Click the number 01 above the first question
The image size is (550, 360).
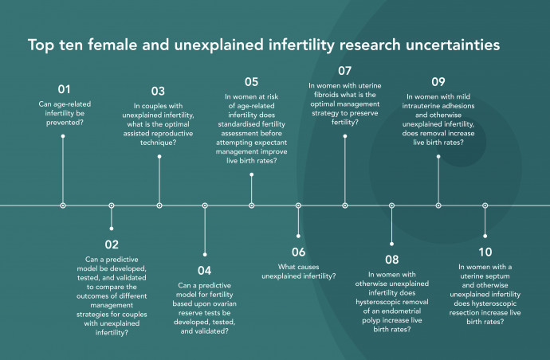pyautogui.click(x=64, y=89)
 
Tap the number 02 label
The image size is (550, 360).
pyautogui.click(x=112, y=245)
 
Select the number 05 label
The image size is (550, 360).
pyautogui.click(x=252, y=82)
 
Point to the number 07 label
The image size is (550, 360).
pyautogui.click(x=345, y=71)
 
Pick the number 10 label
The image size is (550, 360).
pyautogui.click(x=485, y=252)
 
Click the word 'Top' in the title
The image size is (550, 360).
pyautogui.click(x=41, y=45)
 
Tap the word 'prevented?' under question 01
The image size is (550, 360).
pyautogui.click(x=65, y=123)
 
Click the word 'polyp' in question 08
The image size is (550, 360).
pyautogui.click(x=371, y=320)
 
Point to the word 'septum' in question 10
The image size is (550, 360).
pyautogui.click(x=496, y=276)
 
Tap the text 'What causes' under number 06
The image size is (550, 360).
pyautogui.click(x=298, y=267)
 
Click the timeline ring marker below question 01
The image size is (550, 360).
pyautogui.click(x=63, y=205)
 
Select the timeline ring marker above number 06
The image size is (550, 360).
pyautogui.click(x=298, y=205)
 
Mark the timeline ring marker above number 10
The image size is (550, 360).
pyautogui.click(x=485, y=205)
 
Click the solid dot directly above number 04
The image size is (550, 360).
pyautogui.click(x=205, y=255)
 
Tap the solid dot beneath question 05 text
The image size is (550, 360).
pyautogui.click(x=252, y=174)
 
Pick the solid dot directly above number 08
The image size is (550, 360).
pyautogui.click(x=392, y=244)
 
